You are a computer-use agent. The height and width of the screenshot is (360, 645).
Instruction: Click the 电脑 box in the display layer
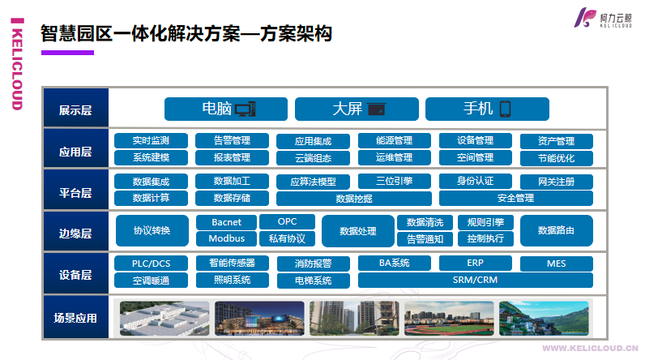(226, 109)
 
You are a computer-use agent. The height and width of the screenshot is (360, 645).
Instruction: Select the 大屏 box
(357, 109)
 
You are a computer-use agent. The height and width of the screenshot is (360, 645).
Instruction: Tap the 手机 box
(487, 109)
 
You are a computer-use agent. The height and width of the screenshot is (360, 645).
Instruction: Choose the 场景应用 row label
(75, 319)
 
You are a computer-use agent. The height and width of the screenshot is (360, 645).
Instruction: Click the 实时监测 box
(152, 140)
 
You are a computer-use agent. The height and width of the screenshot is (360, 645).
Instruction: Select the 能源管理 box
(395, 140)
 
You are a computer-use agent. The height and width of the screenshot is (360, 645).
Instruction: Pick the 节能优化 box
(556, 158)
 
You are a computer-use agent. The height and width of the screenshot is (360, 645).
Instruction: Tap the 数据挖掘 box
(353, 199)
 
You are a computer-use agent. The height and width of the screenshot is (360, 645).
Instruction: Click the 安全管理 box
(515, 199)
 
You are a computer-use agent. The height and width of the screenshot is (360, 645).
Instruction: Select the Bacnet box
(226, 222)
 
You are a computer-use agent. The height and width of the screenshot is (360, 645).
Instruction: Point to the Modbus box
(226, 239)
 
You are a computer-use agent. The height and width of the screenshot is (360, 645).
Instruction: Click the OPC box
(287, 221)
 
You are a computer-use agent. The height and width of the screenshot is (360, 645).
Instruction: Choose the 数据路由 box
(556, 231)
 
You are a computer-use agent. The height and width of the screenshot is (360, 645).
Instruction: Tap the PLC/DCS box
(152, 264)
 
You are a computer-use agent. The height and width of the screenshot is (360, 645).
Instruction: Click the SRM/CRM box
(475, 281)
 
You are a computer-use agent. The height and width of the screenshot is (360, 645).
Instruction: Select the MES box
(556, 264)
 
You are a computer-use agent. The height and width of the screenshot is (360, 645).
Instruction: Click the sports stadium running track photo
(448, 319)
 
